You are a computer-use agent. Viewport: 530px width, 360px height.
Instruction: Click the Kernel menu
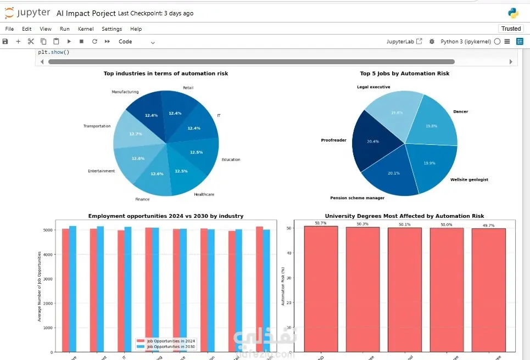(x=86, y=29)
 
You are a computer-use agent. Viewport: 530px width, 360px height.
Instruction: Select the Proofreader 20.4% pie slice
(x=372, y=143)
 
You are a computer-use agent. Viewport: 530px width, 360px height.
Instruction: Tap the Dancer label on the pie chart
(x=460, y=112)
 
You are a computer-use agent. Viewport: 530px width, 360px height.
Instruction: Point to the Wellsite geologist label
(x=469, y=179)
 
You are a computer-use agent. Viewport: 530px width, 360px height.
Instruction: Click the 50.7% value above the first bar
(x=321, y=223)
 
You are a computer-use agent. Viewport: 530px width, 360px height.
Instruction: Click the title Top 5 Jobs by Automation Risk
(x=404, y=74)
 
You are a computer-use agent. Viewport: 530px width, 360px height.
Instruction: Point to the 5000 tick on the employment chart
(x=48, y=230)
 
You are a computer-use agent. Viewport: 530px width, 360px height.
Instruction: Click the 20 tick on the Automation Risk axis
(x=289, y=302)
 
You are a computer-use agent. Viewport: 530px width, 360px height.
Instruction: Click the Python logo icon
(x=513, y=13)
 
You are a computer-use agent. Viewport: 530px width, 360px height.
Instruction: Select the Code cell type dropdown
(x=137, y=42)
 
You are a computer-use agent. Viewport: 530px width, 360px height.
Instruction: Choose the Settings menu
(x=111, y=29)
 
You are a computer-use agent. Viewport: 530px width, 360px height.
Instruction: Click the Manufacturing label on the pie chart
(x=125, y=92)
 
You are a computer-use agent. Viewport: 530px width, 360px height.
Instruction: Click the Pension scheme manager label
(x=357, y=198)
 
